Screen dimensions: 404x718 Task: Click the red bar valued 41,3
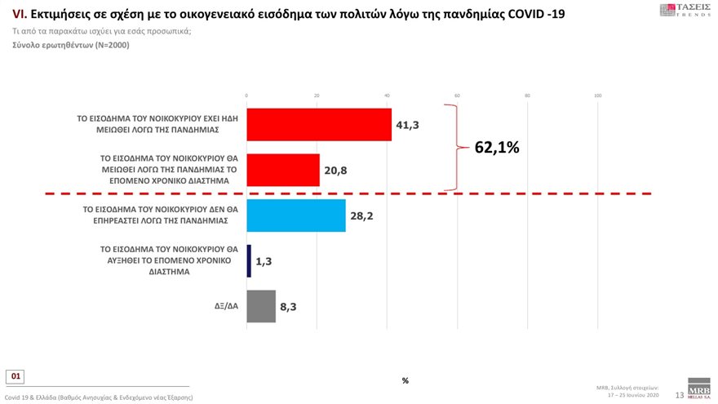[x=319, y=125]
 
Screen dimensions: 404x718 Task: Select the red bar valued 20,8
[x=283, y=170]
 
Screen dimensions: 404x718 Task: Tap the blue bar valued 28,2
[x=295, y=215]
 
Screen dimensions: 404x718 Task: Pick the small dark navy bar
[x=249, y=261]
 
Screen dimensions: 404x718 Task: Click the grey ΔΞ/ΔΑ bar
[x=261, y=306]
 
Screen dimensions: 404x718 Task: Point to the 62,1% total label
[x=497, y=148]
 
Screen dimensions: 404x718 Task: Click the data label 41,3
[x=407, y=126]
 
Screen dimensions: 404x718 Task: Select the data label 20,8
[x=335, y=171]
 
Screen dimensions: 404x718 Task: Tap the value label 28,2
[x=362, y=216]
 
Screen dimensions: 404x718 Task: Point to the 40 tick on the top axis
[x=387, y=96]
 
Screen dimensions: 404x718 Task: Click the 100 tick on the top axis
[x=597, y=96]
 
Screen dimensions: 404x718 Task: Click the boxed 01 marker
[x=16, y=376]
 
